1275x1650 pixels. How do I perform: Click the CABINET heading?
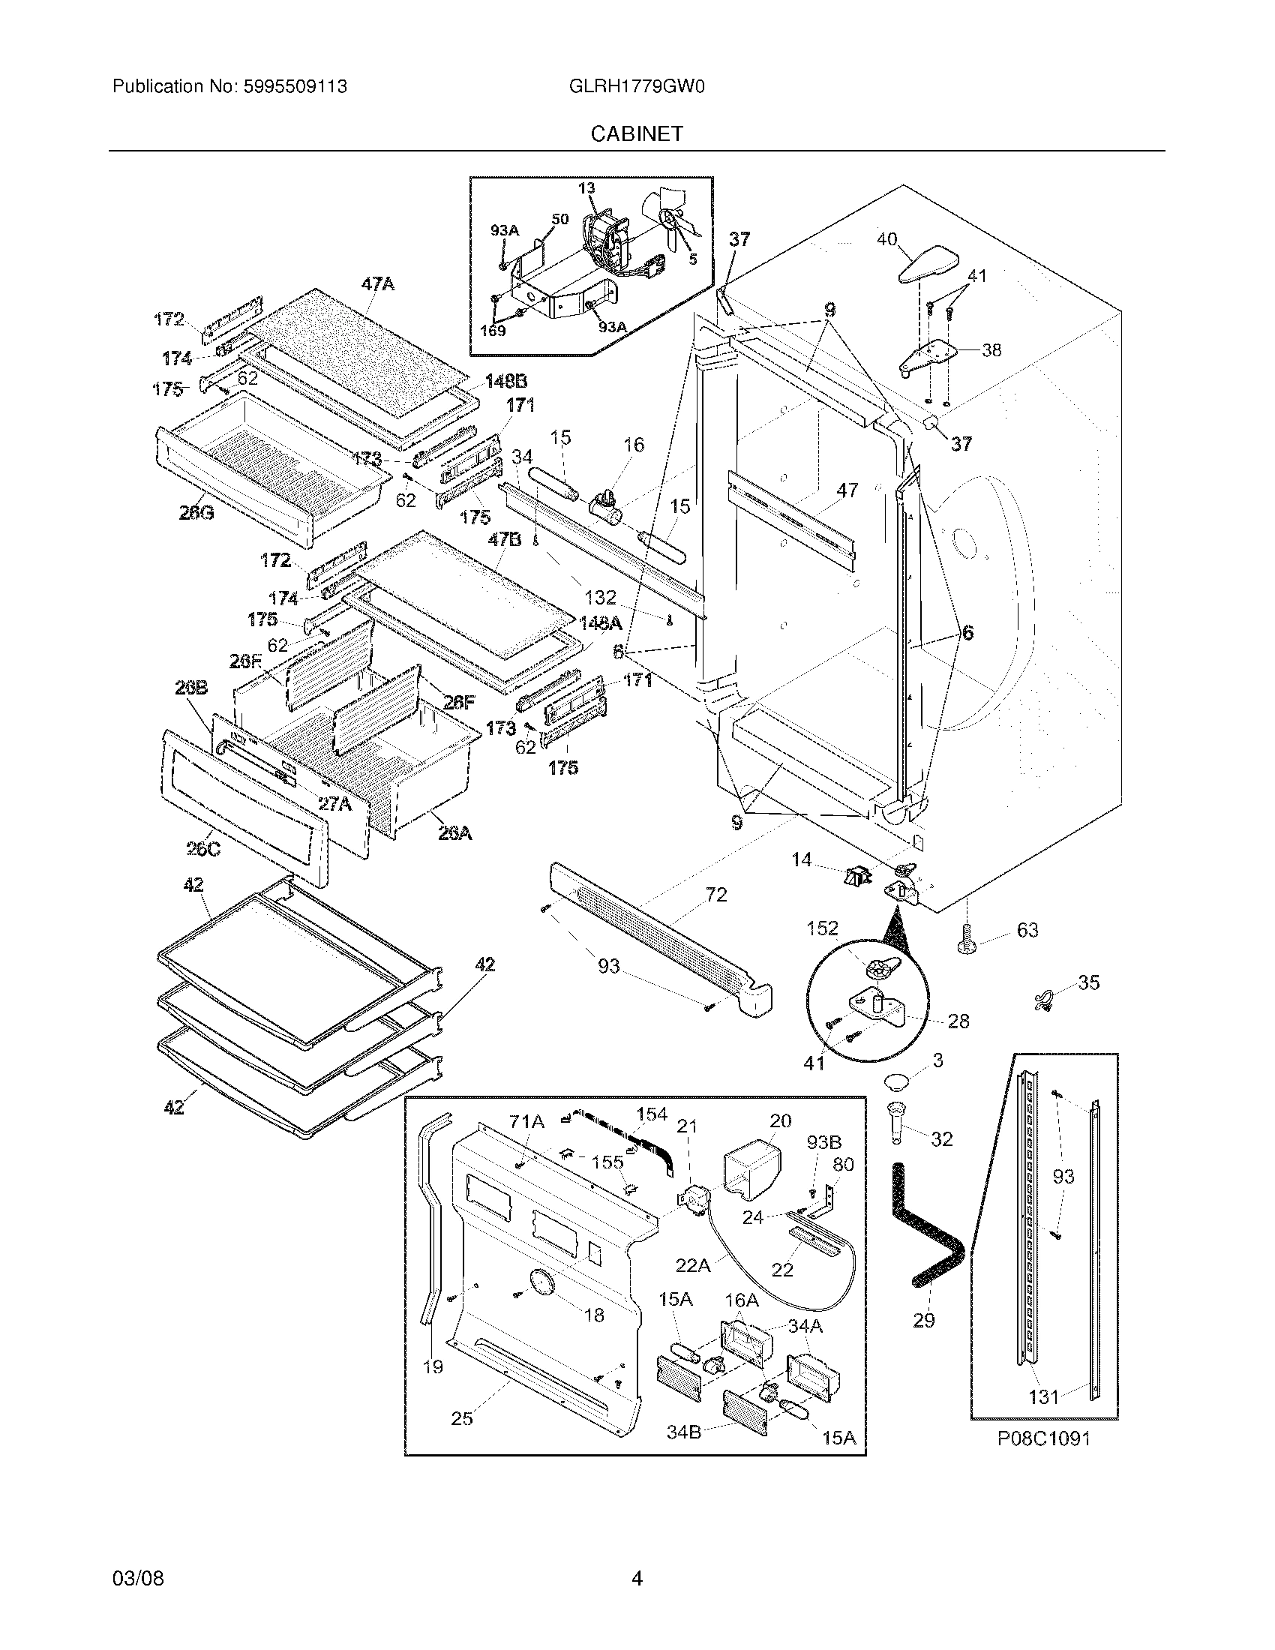click(x=636, y=133)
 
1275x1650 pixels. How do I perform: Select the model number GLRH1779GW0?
click(x=636, y=87)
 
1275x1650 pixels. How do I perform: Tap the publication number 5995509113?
click(x=295, y=87)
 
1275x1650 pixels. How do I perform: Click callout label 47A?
click(x=378, y=284)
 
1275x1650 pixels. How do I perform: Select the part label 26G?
click(x=196, y=513)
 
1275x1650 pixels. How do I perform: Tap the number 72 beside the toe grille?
click(x=715, y=895)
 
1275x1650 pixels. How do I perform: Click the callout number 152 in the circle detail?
click(x=822, y=928)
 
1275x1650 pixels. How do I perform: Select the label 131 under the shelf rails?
click(x=1044, y=1397)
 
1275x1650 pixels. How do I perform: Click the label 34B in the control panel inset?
click(x=684, y=1432)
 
